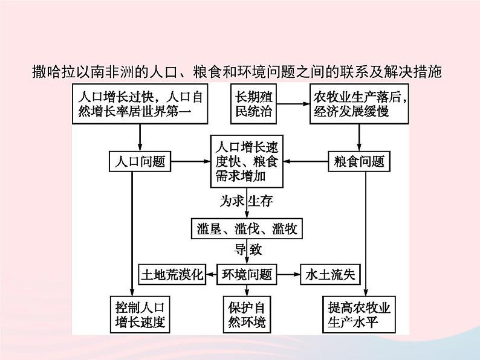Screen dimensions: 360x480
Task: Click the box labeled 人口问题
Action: point(140,161)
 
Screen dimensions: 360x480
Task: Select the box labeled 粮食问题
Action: point(359,161)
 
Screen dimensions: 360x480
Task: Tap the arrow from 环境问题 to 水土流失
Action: point(289,275)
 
